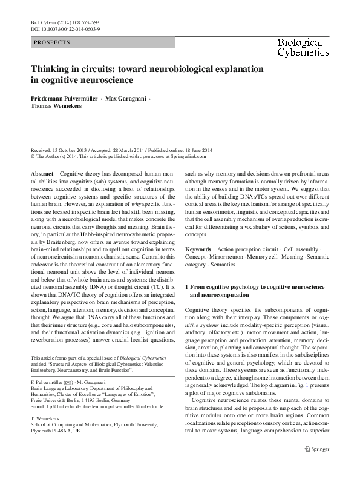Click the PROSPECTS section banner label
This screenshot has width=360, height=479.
point(52,42)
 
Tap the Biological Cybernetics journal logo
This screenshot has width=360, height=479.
point(308,47)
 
